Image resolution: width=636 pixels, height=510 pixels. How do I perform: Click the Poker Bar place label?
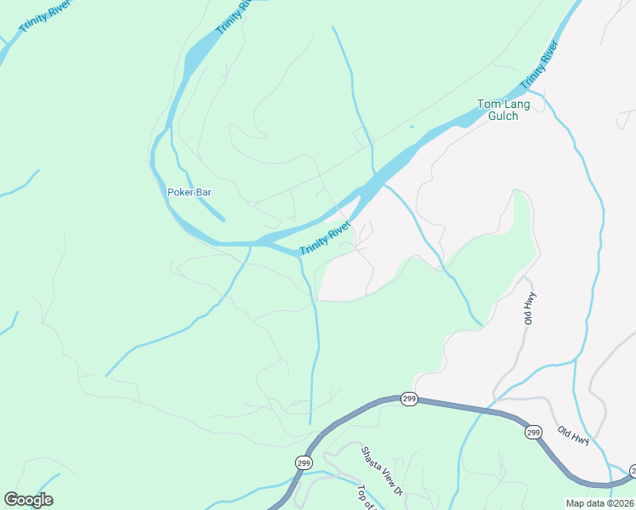point(189,192)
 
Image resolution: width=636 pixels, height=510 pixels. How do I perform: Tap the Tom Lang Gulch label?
point(503,110)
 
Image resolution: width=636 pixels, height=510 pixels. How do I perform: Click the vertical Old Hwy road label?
point(528,308)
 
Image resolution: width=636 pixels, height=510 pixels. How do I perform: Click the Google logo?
point(29,500)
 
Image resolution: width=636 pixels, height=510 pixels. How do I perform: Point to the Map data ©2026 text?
point(600,503)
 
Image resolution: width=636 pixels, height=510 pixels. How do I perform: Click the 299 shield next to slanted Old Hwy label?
point(533,433)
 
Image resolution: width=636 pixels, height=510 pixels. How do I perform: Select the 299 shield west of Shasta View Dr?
point(304,462)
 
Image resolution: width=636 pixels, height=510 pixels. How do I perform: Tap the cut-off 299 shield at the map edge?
point(632,470)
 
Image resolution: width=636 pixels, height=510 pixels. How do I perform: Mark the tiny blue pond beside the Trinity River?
point(411,127)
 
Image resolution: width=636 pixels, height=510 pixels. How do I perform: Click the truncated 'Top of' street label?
point(366,498)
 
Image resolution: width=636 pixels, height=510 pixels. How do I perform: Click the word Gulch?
point(503,116)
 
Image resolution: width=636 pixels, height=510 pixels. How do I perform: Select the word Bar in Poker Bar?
point(202,192)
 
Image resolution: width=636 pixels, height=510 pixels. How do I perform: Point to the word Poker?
point(179,192)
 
